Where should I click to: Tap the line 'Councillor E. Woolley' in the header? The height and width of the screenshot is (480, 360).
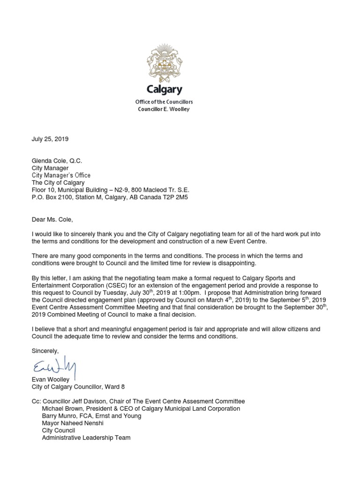[164, 109]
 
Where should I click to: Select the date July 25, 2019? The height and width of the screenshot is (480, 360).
[50, 139]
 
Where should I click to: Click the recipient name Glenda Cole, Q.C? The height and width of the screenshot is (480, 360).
[57, 160]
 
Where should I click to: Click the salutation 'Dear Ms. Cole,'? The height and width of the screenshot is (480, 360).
[52, 219]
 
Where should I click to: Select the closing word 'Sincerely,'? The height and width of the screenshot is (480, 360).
[45, 350]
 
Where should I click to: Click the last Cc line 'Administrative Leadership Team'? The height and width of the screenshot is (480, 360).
[86, 438]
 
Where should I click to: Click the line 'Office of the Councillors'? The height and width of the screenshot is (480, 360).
[164, 102]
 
